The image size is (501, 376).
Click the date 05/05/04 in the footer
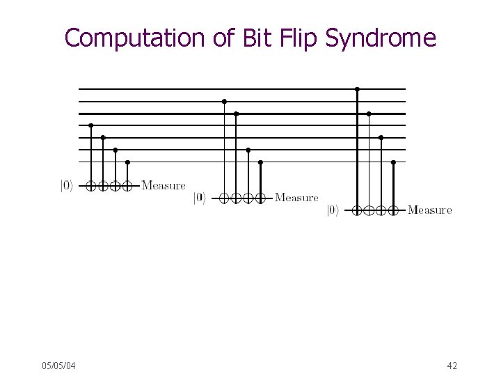tap(58, 366)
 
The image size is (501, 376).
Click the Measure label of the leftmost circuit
tap(164, 185)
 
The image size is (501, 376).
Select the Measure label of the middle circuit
tap(296, 198)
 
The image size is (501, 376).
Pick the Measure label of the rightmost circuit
tap(429, 210)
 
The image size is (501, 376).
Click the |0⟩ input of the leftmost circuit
tap(65, 186)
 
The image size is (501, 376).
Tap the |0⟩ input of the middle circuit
tap(199, 198)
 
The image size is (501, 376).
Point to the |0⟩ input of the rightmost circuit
tap(333, 210)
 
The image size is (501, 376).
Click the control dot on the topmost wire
tap(357, 89)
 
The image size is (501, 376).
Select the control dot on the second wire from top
tap(224, 101)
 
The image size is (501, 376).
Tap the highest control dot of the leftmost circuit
tap(91, 125)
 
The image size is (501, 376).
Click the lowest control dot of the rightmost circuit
tap(393, 162)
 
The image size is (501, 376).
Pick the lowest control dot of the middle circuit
tap(260, 162)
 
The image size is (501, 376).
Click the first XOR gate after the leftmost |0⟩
tap(91, 186)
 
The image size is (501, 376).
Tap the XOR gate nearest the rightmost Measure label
tap(393, 210)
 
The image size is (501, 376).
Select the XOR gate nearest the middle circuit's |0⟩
tap(224, 198)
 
